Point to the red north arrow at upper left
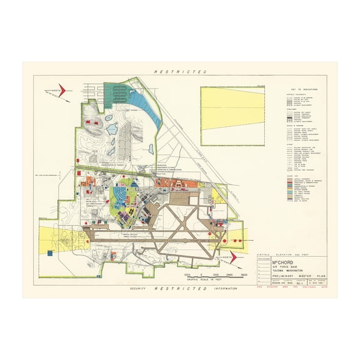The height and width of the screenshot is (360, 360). (62, 90)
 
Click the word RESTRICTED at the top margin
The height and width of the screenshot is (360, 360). (180, 72)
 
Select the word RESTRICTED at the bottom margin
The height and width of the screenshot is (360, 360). (180, 289)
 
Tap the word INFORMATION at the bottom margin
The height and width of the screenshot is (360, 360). (225, 289)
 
